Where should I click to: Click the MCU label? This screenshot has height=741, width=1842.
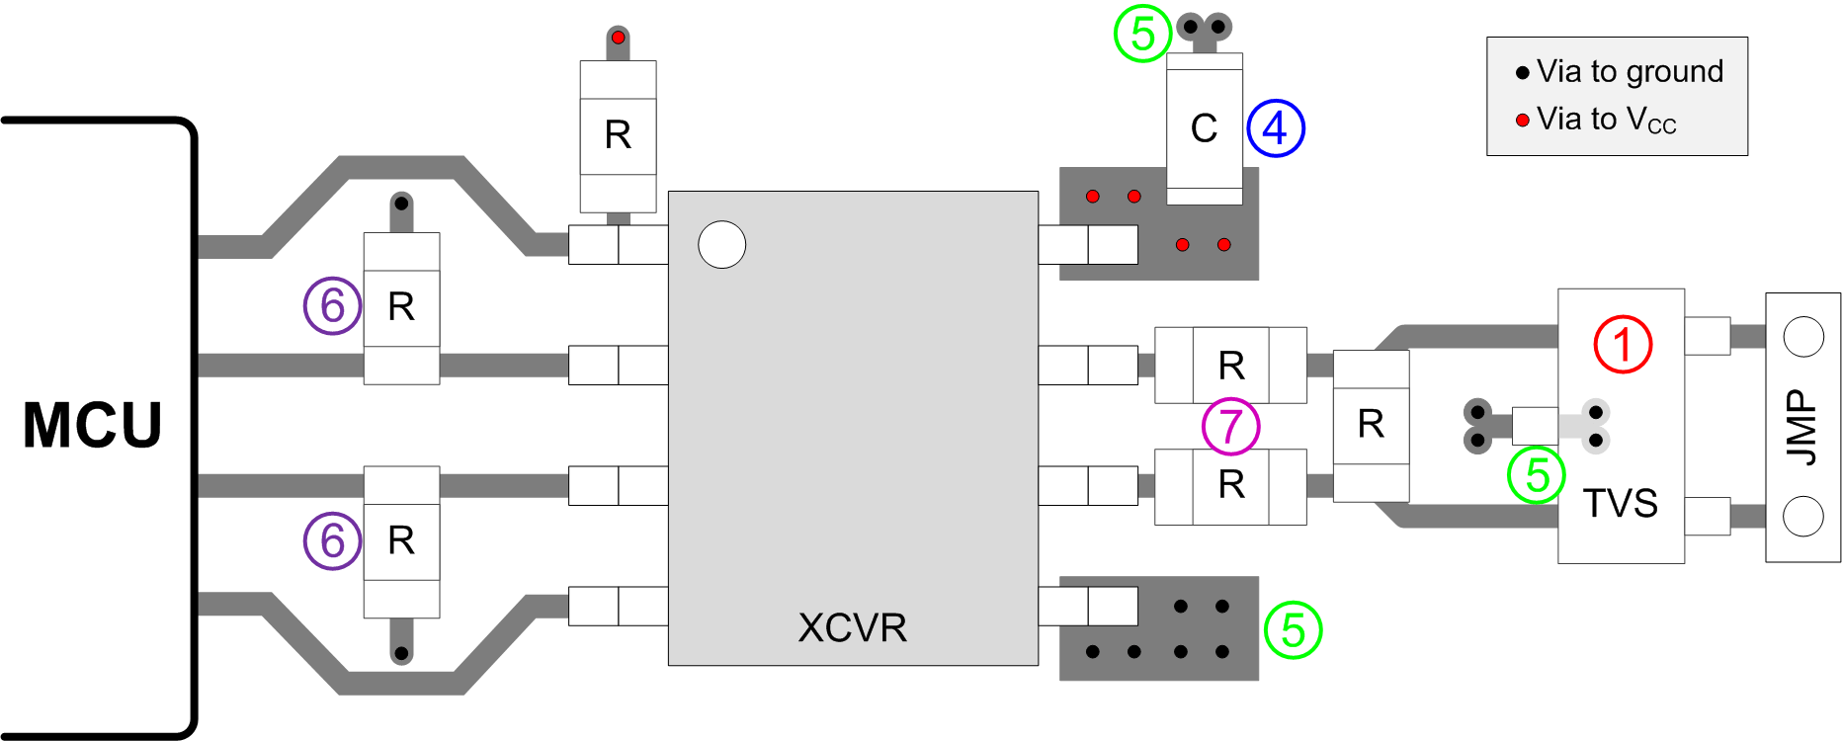pos(92,426)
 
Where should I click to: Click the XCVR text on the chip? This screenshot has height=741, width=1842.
pos(852,628)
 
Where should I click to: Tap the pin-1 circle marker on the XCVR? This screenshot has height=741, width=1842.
pos(721,244)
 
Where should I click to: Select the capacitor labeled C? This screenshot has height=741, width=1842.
pos(1204,128)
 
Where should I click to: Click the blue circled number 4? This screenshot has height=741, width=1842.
pos(1276,128)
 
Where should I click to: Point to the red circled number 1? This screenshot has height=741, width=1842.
pos(1623,345)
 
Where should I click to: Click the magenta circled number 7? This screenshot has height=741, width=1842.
pos(1230,426)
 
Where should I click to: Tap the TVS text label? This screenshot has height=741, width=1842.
pos(1620,504)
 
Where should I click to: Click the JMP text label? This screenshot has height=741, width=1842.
pos(1801,427)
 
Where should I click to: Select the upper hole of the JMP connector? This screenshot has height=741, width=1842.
pos(1802,337)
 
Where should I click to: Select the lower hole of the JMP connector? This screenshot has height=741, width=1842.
pos(1802,516)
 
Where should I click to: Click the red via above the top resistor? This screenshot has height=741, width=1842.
pos(618,38)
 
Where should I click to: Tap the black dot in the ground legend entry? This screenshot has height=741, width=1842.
pos(1523,73)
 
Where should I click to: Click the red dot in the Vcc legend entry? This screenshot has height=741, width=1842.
pos(1523,121)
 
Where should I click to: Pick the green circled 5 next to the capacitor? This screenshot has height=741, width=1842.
pos(1142,34)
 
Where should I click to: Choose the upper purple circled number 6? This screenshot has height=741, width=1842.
pos(332,305)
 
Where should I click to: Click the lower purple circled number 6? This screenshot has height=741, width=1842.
pos(332,540)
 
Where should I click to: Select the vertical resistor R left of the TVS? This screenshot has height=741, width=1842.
pos(1371,425)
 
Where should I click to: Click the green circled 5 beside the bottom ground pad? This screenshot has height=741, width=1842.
pos(1293,629)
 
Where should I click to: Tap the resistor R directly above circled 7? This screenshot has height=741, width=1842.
pos(1230,366)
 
